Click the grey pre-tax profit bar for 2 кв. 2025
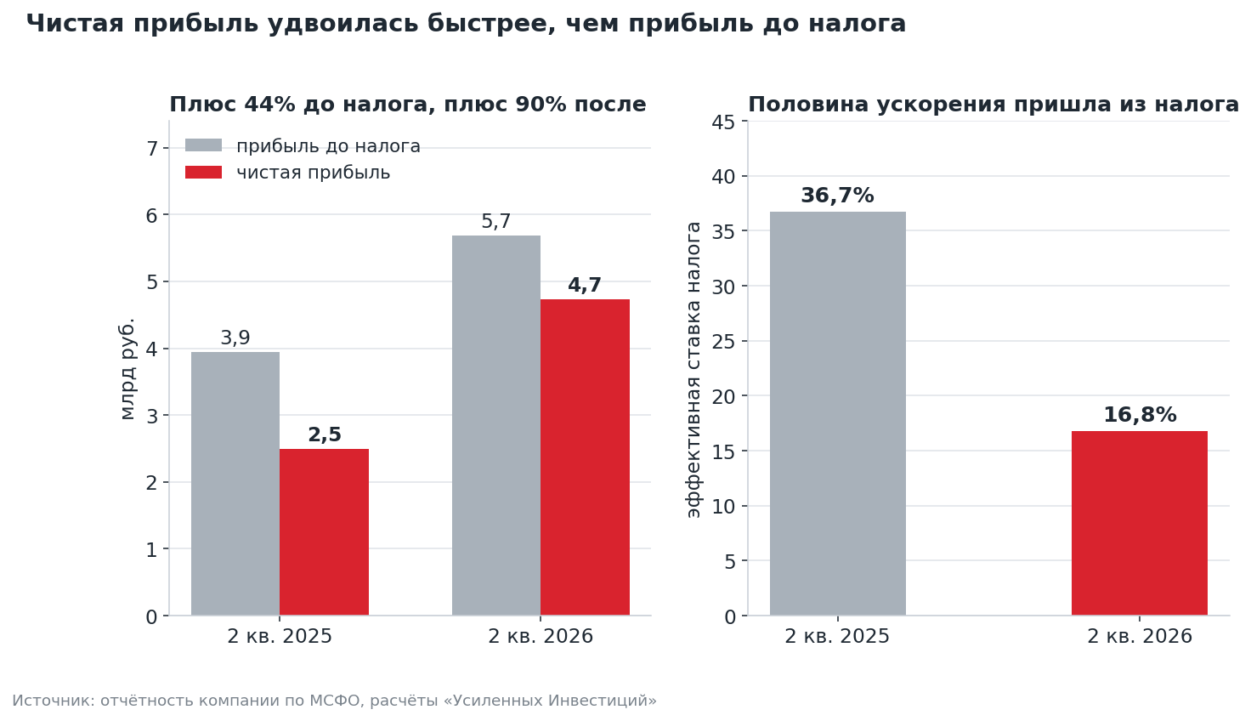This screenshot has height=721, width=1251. pyautogui.click(x=235, y=484)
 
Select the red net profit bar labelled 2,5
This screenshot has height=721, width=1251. pyautogui.click(x=324, y=532)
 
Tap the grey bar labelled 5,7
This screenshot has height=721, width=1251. pyautogui.click(x=496, y=425)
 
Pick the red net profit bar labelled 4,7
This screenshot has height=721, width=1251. pyautogui.click(x=585, y=457)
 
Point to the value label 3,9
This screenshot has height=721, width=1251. pyautogui.click(x=235, y=338)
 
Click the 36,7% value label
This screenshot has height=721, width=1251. pyautogui.click(x=837, y=196)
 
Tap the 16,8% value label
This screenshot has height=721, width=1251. pyautogui.click(x=1140, y=415)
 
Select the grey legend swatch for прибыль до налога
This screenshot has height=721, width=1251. pyautogui.click(x=203, y=145)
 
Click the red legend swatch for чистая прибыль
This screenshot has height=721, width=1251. pyautogui.click(x=203, y=172)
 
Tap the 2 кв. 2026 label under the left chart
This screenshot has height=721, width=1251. pyautogui.click(x=540, y=636)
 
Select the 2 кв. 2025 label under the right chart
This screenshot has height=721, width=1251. pyautogui.click(x=836, y=636)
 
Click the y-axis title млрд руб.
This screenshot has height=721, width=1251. pyautogui.click(x=127, y=369)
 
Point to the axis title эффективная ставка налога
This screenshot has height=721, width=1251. pyautogui.click(x=693, y=370)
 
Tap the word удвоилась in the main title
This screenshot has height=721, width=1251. pyautogui.click(x=342, y=24)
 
